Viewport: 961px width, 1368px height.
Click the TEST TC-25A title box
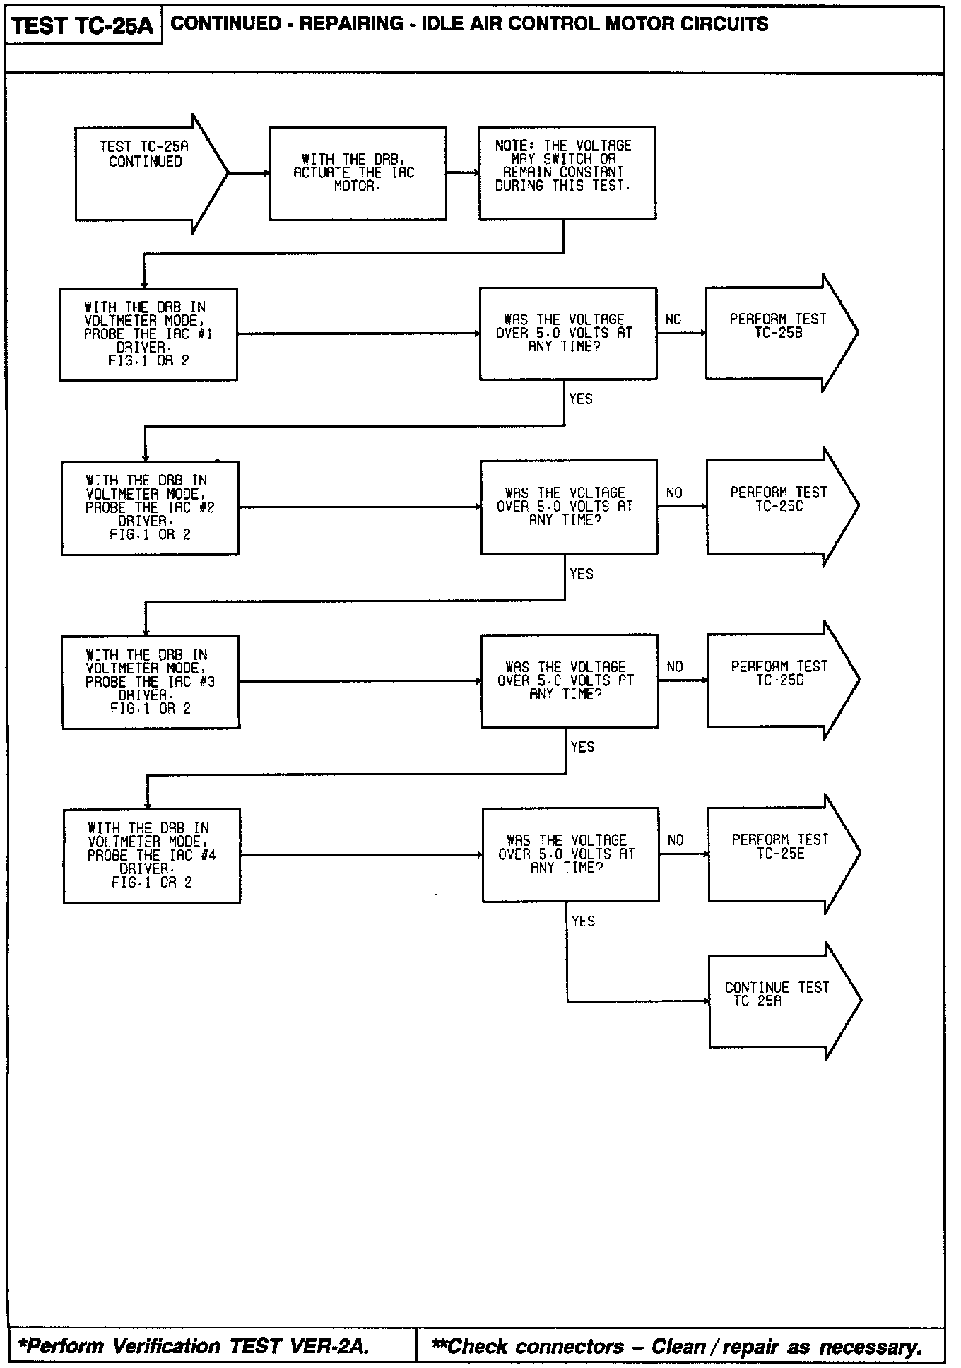(83, 26)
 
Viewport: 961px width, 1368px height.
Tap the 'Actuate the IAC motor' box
(358, 173)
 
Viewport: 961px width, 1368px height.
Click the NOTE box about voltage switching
(567, 173)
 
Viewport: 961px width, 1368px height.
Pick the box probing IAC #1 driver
(148, 334)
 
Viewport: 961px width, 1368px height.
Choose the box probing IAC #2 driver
(150, 508)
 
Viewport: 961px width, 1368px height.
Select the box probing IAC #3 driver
(151, 682)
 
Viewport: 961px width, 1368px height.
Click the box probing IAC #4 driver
(152, 856)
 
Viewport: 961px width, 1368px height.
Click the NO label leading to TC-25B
(673, 320)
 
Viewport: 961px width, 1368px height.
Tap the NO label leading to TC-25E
(676, 840)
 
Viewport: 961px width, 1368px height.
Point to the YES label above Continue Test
(584, 921)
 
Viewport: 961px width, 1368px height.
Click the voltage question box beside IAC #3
(570, 681)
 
